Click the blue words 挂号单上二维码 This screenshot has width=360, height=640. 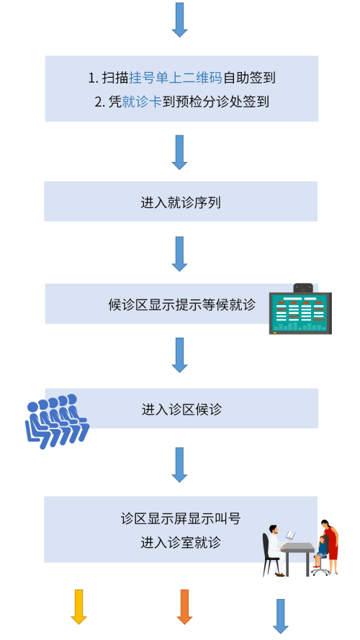tap(176, 78)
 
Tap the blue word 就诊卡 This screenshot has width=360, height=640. tap(142, 102)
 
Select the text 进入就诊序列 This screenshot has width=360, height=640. tap(181, 202)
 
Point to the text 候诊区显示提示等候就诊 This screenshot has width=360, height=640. tap(182, 305)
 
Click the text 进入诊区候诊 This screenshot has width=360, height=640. tap(181, 409)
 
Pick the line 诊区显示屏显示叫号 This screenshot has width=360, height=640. tap(181, 518)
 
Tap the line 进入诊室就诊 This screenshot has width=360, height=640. tap(181, 542)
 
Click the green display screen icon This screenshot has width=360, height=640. tap(300, 310)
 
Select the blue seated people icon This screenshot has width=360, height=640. tap(57, 421)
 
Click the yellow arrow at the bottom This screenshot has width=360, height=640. tap(78, 607)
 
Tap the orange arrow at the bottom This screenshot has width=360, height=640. tap(184, 607)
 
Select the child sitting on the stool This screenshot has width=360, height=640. tap(321, 551)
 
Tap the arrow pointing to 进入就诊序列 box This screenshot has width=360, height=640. tap(179, 152)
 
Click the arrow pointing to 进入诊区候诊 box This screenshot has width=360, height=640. tap(179, 355)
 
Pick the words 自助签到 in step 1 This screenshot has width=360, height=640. tap(249, 78)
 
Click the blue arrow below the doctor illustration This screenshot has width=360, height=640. tap(280, 616)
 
